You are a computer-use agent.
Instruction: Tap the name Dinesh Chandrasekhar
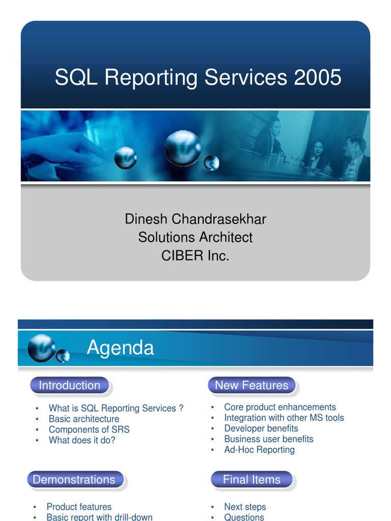[x=195, y=219]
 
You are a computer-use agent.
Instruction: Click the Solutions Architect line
[x=195, y=238]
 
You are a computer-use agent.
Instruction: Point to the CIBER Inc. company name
[x=195, y=256]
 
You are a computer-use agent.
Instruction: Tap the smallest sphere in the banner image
[x=211, y=163]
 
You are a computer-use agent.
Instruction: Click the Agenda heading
[x=120, y=348]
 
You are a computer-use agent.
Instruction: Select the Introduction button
[x=69, y=386]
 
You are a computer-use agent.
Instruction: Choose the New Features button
[x=252, y=386]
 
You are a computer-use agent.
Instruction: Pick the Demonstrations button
[x=74, y=480]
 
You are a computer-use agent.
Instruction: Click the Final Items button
[x=252, y=480]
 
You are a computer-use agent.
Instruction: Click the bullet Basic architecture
[x=84, y=419]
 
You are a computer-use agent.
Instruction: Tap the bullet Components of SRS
[x=89, y=429]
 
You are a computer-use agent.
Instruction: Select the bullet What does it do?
[x=82, y=440]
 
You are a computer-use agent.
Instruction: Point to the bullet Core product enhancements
[x=280, y=407]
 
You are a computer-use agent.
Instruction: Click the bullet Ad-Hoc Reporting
[x=259, y=450]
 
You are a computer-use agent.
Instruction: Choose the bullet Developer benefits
[x=261, y=428]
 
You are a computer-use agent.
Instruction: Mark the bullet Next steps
[x=245, y=507]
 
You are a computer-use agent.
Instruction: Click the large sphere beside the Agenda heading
[x=41, y=348]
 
